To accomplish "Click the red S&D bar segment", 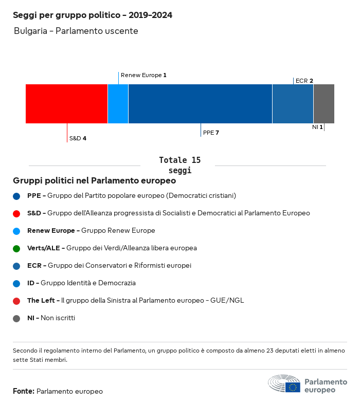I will click(66, 104).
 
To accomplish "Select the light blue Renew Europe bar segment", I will click(118, 104).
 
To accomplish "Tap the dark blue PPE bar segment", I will click(200, 104).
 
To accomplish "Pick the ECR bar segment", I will click(293, 104).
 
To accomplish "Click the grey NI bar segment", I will click(323, 104).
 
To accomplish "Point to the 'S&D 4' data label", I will click(78, 138).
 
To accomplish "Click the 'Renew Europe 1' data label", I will click(143, 75).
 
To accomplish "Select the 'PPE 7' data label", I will click(211, 133).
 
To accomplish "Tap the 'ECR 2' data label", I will click(304, 81).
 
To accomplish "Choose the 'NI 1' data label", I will click(317, 127).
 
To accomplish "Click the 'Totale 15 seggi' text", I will click(179, 165).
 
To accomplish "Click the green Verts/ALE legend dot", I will click(16, 248).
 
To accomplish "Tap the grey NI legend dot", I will click(16, 318).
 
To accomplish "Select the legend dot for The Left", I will click(16, 301).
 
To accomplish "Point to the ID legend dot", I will click(16, 283).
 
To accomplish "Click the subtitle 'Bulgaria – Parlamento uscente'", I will click(76, 31).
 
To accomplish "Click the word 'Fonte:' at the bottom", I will click(24, 392).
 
